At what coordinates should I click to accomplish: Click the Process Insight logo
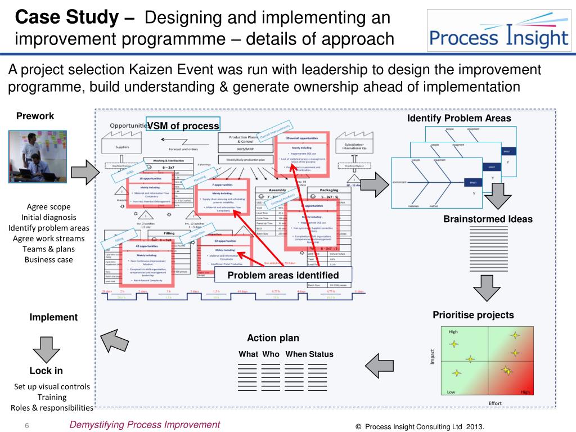(x=499, y=32)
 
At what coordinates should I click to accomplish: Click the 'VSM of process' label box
(x=183, y=125)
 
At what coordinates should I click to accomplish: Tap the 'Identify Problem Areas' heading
(x=459, y=118)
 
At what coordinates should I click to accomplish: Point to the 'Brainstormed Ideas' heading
(x=488, y=219)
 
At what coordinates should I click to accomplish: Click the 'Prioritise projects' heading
(x=473, y=315)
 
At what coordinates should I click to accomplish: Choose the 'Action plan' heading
(x=273, y=338)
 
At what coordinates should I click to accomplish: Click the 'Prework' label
(x=35, y=116)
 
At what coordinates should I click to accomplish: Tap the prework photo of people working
(x=37, y=156)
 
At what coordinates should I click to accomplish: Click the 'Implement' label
(x=53, y=317)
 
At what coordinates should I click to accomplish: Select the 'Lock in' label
(x=46, y=371)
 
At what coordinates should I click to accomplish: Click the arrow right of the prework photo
(x=85, y=171)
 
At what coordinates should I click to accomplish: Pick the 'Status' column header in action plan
(x=321, y=354)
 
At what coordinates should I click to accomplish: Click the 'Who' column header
(x=271, y=354)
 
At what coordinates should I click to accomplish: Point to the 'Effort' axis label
(x=495, y=403)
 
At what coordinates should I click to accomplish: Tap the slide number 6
(x=26, y=425)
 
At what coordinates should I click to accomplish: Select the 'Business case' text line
(x=48, y=259)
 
